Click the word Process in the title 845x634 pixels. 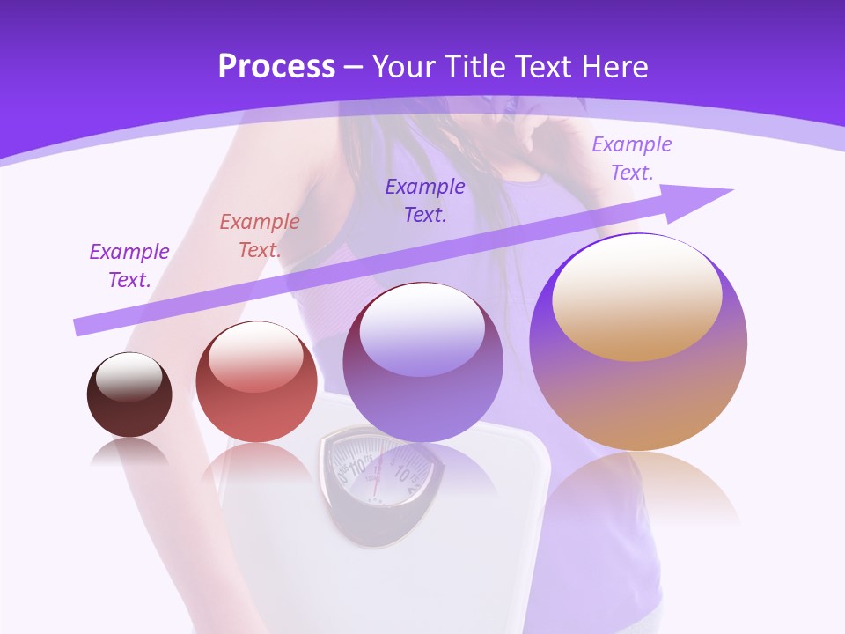276,67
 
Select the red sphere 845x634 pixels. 256,383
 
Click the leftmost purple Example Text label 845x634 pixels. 129,266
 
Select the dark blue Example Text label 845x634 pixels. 425,201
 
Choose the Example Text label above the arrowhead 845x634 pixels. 631,158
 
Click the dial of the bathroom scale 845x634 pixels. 376,471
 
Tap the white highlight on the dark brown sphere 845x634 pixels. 129,378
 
